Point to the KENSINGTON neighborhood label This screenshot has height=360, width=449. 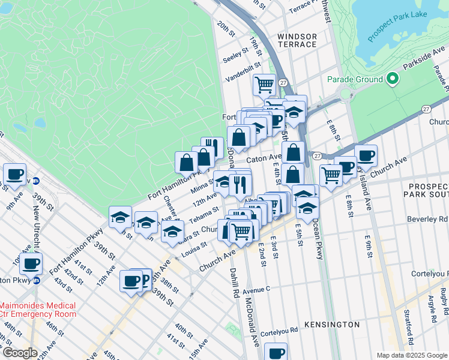pos(331,325)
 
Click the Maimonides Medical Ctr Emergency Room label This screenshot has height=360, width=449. pos(38,310)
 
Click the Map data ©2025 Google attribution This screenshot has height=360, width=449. pos(411,355)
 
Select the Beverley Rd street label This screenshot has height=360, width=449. pos(427,220)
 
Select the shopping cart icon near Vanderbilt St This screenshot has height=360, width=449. pos(264,85)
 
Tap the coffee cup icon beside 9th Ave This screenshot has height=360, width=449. pos(15,175)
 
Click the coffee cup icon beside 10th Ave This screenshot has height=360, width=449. pos(31,263)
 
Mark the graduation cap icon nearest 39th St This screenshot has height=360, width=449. pos(120,217)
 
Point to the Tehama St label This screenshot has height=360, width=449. pos(203,215)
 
